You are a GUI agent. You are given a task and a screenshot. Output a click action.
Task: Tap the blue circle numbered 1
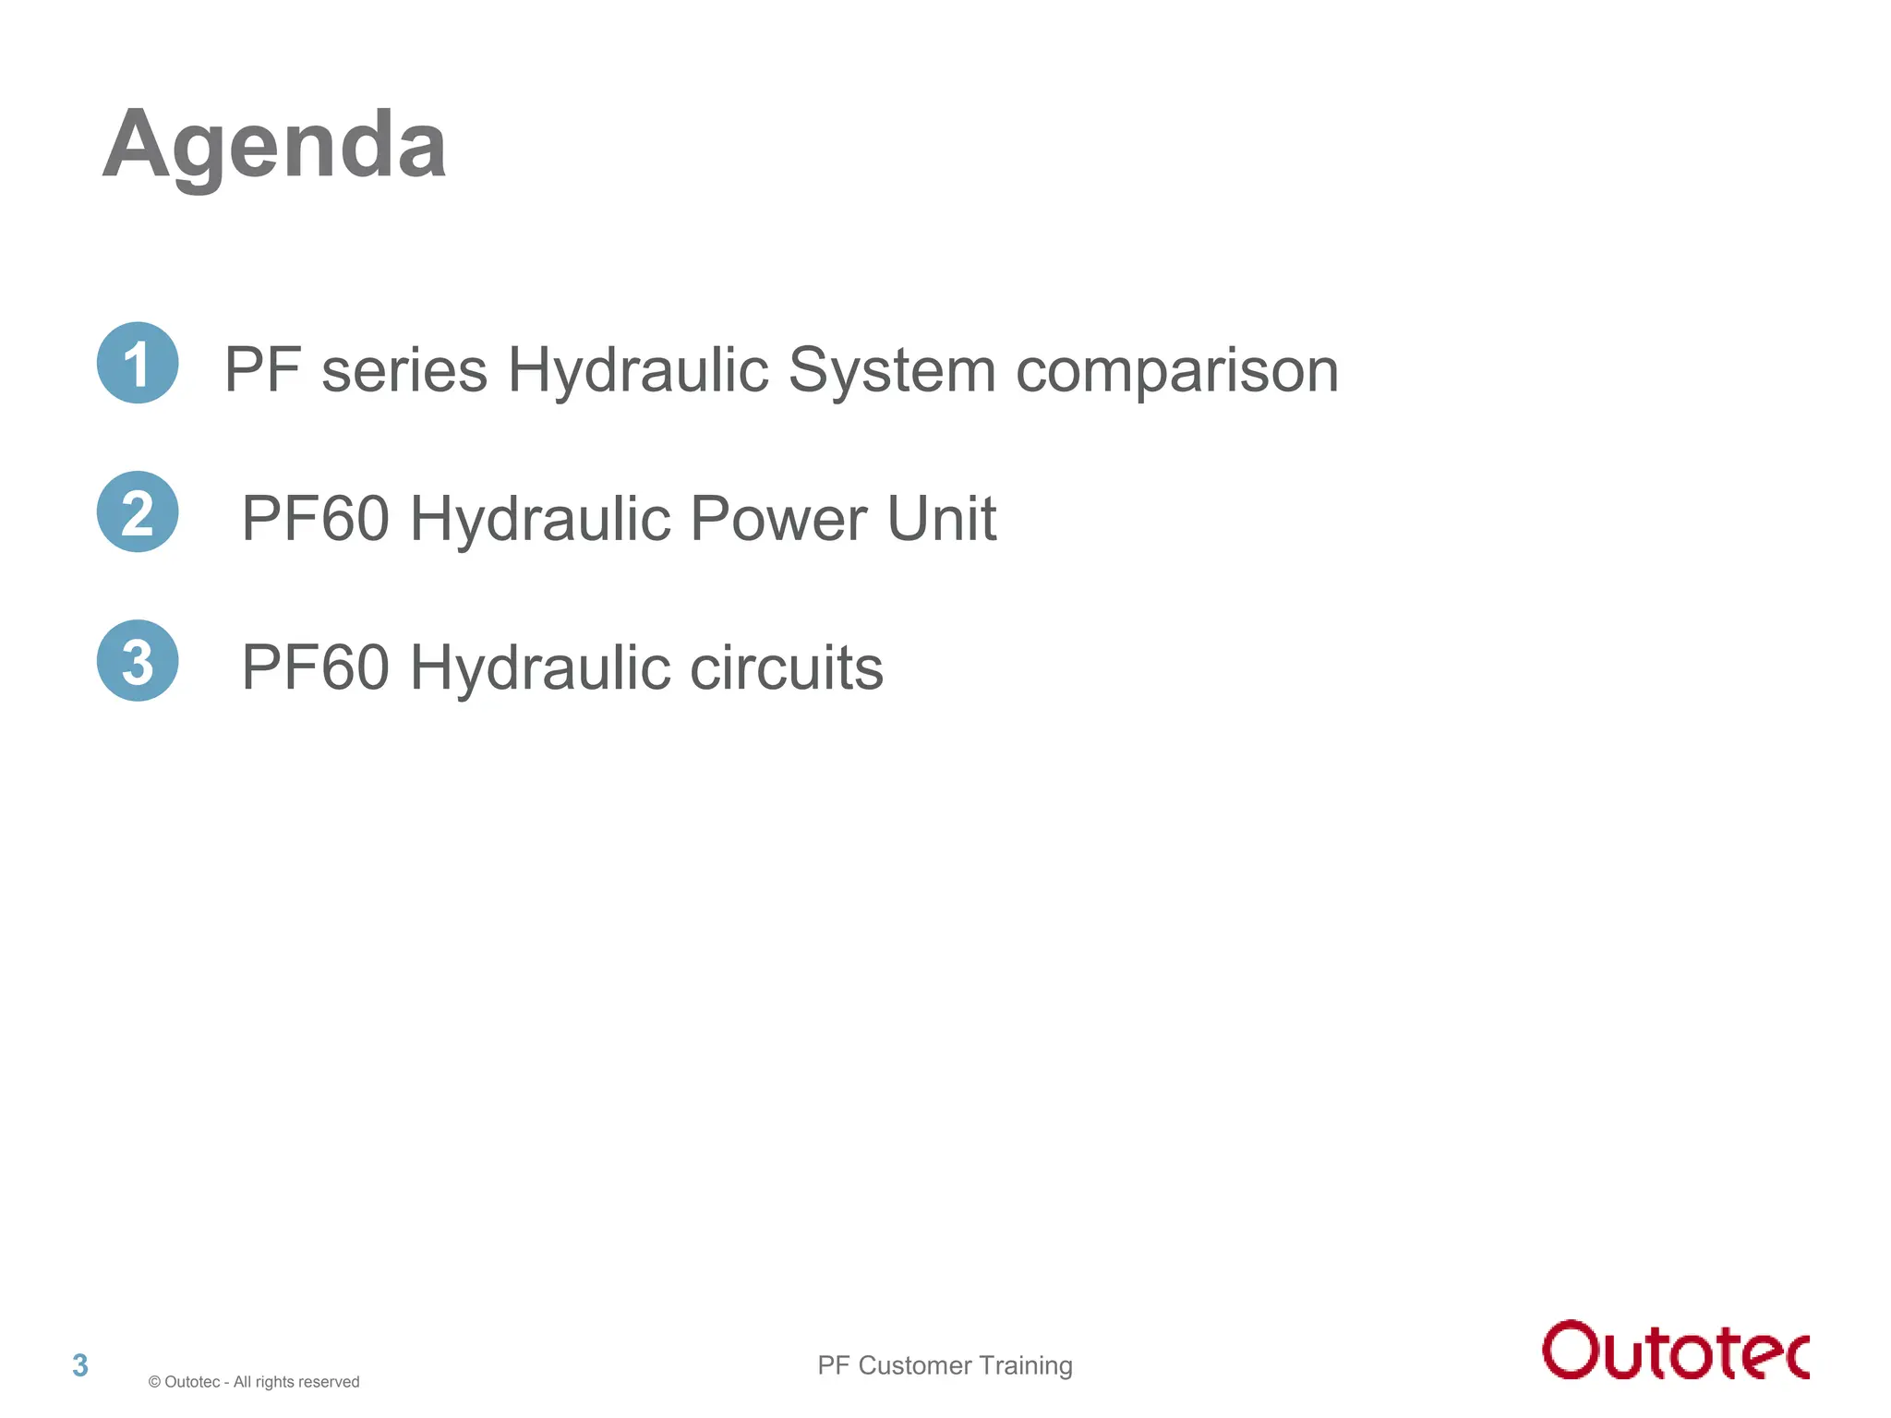(138, 363)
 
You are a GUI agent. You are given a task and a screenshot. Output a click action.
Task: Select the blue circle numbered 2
(138, 512)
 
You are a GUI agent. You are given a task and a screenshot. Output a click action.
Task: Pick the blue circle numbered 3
(138, 661)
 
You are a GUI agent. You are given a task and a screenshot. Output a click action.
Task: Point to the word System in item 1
(892, 370)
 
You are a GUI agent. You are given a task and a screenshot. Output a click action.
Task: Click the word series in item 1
(403, 370)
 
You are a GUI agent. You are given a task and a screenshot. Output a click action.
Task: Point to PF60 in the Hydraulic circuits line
(315, 667)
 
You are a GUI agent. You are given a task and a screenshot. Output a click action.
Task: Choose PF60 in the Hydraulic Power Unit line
(315, 519)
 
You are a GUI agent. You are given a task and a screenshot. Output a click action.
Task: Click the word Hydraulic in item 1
(638, 370)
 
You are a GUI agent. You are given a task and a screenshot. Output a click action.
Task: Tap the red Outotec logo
(1675, 1350)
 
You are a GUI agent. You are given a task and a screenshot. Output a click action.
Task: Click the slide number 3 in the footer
(80, 1365)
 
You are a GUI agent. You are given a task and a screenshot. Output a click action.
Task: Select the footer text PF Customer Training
(945, 1365)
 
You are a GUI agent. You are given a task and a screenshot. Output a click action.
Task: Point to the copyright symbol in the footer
(154, 1382)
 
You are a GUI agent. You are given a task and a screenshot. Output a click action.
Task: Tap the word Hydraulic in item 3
(539, 667)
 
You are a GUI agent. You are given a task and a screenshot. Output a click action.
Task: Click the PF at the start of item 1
(262, 370)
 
